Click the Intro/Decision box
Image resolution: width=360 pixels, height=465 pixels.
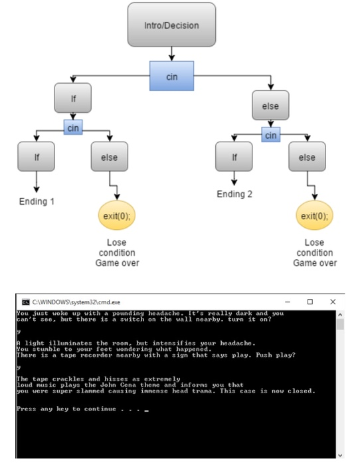[x=171, y=25]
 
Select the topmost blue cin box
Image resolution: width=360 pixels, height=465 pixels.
[x=171, y=76]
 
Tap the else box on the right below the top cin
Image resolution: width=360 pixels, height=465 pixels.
[x=270, y=106]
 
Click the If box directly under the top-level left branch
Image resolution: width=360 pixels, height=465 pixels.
[x=73, y=99]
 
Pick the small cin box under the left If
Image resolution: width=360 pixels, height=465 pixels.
[x=73, y=127]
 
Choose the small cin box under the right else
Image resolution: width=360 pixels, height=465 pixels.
[x=270, y=136]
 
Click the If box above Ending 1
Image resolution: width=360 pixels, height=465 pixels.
[x=37, y=157]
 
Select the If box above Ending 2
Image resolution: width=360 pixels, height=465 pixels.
[x=234, y=157]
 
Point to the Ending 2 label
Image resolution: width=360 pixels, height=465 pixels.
[x=234, y=194]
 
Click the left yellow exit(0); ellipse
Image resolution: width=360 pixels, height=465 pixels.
[x=117, y=216]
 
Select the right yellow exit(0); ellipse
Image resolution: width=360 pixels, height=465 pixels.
[x=314, y=216]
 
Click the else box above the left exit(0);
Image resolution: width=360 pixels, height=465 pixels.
[x=109, y=157]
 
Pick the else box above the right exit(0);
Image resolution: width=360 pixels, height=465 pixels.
[x=307, y=157]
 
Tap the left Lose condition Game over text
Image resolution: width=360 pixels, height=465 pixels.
[x=117, y=252]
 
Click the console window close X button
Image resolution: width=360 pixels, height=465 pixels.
[x=333, y=302]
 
